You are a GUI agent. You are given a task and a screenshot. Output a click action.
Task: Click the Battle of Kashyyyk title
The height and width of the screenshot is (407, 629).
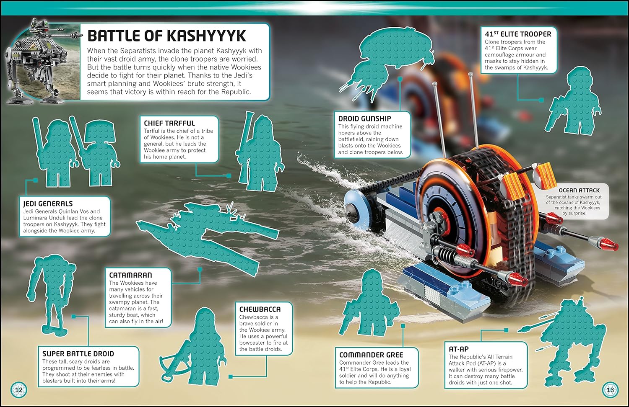pos(167,36)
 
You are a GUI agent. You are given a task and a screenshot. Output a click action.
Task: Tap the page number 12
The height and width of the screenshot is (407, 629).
pos(19,390)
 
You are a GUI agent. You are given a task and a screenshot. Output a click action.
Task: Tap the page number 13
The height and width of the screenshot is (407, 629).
pos(610,390)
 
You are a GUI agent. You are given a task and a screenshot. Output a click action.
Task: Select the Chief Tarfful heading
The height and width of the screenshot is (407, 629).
pos(169,123)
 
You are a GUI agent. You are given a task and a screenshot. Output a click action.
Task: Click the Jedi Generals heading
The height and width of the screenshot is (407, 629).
pos(48,203)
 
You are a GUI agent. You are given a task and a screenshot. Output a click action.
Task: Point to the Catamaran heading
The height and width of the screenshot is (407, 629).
pos(130,275)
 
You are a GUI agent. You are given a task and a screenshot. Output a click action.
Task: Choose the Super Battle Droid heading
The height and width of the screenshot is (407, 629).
pos(78,354)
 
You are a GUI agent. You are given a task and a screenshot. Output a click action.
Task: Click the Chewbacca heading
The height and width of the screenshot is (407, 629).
pos(260,309)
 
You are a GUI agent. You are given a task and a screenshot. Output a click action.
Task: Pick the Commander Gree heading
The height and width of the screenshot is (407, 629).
pos(371,355)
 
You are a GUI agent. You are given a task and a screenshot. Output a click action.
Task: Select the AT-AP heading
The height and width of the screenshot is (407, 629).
pos(459,349)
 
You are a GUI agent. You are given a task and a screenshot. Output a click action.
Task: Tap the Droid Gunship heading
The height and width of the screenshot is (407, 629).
pos(364,118)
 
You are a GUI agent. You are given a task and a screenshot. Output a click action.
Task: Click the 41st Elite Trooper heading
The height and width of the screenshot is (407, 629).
pos(518,34)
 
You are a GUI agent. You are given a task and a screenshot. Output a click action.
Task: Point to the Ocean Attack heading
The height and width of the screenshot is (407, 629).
pos(579,191)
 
